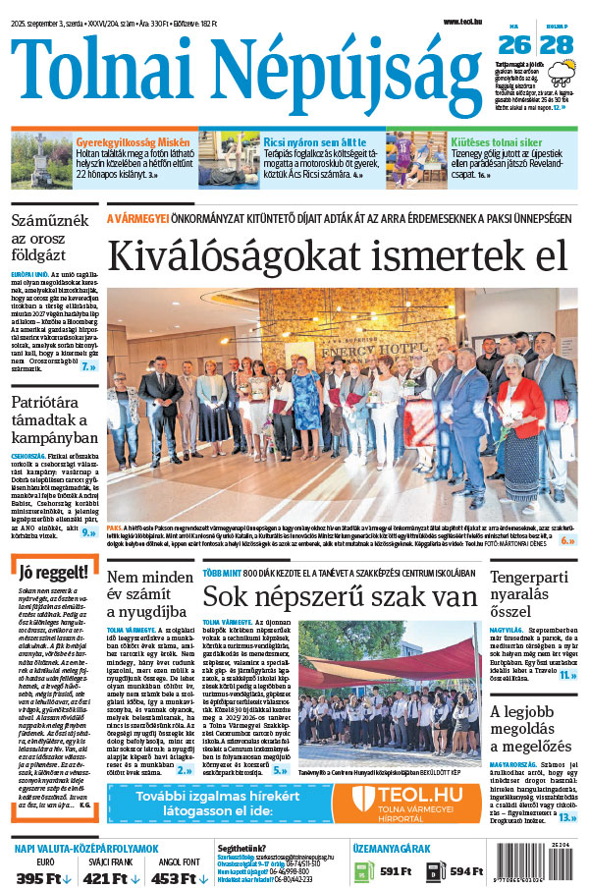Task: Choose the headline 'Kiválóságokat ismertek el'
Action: [x=338, y=254]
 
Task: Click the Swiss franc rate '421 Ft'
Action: [x=105, y=876]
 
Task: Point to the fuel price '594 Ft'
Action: [x=466, y=871]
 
